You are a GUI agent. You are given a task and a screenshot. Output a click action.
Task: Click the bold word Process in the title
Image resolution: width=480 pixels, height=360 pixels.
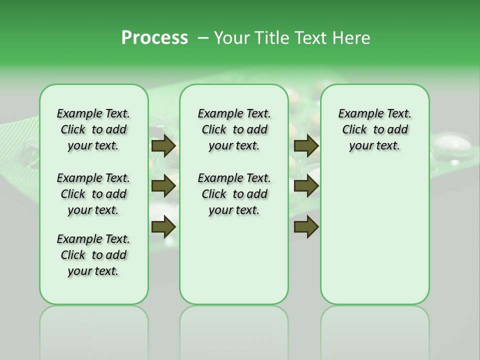pyautogui.click(x=154, y=38)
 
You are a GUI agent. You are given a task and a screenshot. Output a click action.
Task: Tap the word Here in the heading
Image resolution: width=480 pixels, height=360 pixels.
pyautogui.click(x=352, y=38)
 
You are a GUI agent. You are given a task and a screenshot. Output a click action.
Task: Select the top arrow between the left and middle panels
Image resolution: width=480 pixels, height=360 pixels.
pyautogui.click(x=163, y=145)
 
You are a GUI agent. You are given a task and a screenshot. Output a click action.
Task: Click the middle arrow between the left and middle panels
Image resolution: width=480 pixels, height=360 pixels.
pyautogui.click(x=163, y=186)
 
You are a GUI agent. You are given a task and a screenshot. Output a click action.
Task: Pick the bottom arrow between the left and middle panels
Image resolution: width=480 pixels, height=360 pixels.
pyautogui.click(x=163, y=226)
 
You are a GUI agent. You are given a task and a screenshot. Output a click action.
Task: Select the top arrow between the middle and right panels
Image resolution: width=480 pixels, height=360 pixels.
pyautogui.click(x=306, y=145)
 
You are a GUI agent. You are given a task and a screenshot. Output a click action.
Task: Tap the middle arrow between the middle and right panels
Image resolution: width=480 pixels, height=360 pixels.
pyautogui.click(x=306, y=186)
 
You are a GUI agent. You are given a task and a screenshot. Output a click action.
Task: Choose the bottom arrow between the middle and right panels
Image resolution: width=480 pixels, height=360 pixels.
pyautogui.click(x=306, y=226)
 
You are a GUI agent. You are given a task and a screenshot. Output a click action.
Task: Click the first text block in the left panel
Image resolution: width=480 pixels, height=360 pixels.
pyautogui.click(x=93, y=129)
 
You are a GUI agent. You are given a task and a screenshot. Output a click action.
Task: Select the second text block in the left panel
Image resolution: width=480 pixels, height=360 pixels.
pyautogui.click(x=93, y=194)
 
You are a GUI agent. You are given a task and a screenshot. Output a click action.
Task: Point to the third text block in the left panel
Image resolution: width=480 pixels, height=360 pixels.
pyautogui.click(x=93, y=255)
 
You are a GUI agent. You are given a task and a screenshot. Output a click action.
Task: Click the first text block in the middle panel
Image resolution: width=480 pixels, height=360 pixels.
pyautogui.click(x=234, y=129)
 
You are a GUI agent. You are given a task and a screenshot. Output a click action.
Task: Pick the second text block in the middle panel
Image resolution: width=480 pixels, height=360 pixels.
pyautogui.click(x=234, y=194)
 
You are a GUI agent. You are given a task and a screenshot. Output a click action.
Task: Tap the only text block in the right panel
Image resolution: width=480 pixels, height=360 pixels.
pyautogui.click(x=374, y=129)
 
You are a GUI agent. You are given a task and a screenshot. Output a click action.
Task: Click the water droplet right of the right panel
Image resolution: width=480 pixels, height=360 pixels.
pyautogui.click(x=453, y=146)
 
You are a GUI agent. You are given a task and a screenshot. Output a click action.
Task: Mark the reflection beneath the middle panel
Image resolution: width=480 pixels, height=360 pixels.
pyautogui.click(x=234, y=330)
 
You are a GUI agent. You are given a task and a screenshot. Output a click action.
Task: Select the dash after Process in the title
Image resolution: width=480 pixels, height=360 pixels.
pyautogui.click(x=203, y=38)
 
